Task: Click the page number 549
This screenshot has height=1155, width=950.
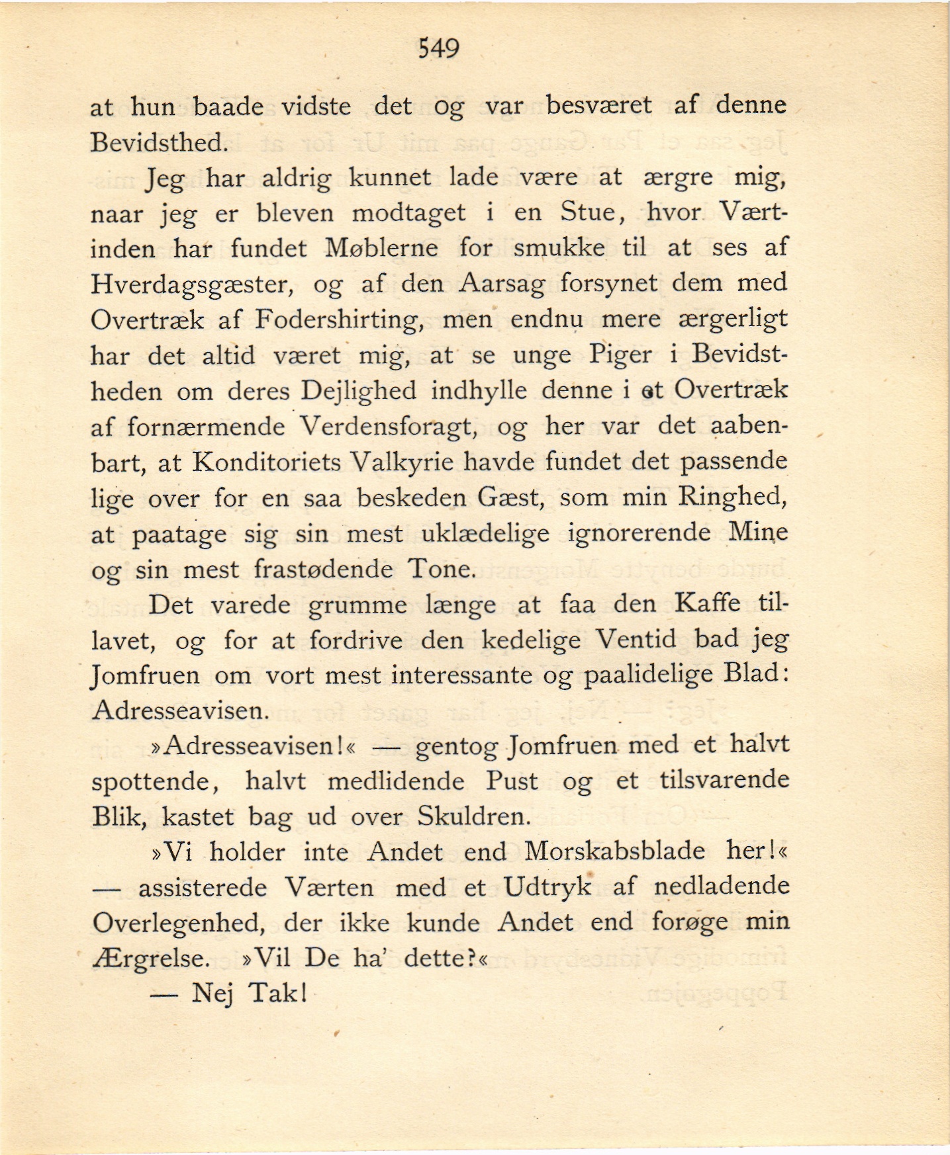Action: point(438,48)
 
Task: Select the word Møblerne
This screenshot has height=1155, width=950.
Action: point(382,248)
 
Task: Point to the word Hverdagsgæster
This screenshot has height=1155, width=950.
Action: point(192,284)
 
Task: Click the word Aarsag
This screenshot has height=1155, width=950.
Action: point(502,284)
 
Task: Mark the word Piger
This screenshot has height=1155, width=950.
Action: point(620,355)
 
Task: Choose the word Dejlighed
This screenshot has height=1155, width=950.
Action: point(359,390)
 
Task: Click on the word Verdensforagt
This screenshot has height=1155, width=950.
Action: point(389,426)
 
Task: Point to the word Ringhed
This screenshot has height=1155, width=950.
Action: point(732,497)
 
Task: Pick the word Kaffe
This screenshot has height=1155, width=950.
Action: point(707,603)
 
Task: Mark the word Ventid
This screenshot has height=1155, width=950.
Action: point(636,639)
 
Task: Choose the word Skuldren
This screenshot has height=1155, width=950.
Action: point(474,817)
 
